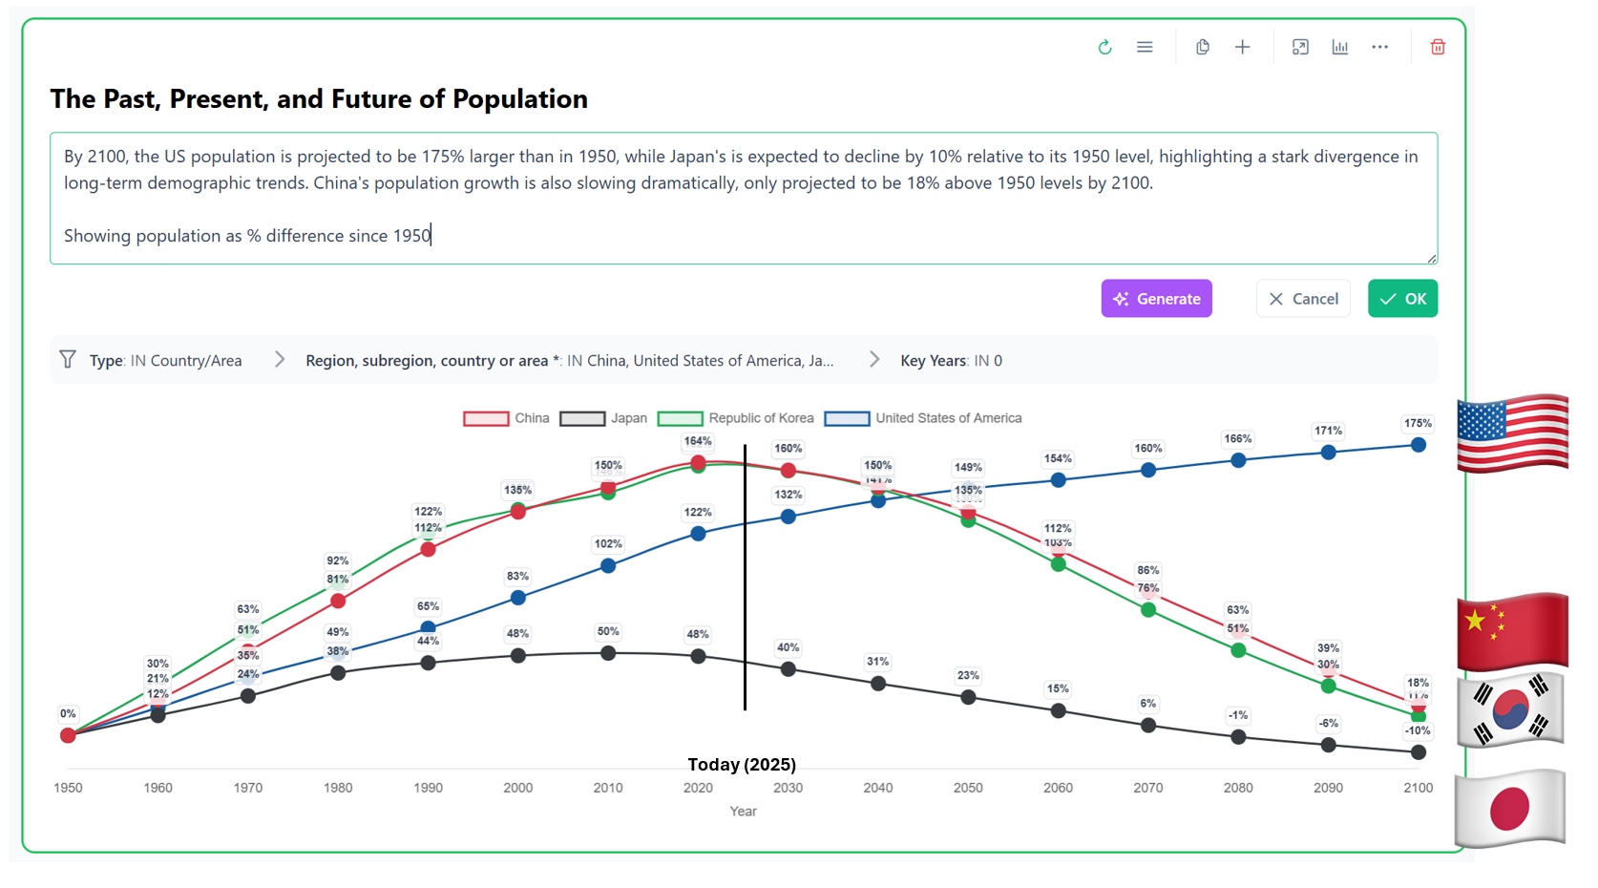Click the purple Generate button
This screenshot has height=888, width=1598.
pos(1156,299)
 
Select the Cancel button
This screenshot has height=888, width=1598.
pos(1303,299)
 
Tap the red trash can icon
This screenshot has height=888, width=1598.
pos(1438,47)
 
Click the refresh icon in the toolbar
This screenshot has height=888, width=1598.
pos(1104,47)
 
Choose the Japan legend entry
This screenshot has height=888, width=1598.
pos(603,418)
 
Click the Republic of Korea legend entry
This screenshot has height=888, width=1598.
pos(735,418)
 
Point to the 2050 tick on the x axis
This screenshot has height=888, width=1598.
pos(968,788)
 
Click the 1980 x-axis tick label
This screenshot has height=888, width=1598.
pos(338,788)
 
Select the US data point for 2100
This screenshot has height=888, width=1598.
pos(1419,445)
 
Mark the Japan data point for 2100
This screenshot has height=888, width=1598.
pos(1419,752)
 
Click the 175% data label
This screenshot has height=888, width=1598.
pos(1418,423)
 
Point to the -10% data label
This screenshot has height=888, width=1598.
pos(1418,730)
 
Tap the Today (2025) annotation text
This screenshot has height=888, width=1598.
pos(742,765)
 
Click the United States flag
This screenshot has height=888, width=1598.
pos(1512,433)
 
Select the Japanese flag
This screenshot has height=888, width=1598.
pos(1509,809)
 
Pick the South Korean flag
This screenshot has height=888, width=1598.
pos(1509,709)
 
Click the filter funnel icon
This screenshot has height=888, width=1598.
pos(68,359)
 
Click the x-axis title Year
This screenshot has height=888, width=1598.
pos(743,812)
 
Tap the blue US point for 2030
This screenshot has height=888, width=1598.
pos(788,517)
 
